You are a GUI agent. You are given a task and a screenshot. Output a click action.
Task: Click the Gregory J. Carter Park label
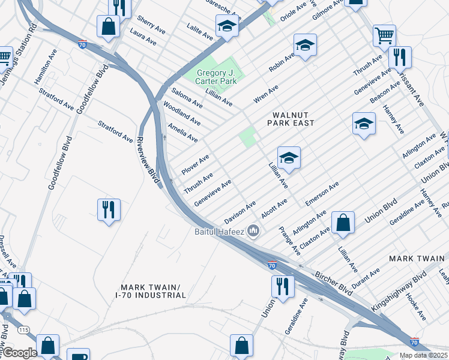point(220,77)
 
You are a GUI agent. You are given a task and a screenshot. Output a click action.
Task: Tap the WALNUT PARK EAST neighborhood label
point(293,118)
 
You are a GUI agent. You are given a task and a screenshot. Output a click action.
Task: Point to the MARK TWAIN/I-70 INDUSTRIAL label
point(151,291)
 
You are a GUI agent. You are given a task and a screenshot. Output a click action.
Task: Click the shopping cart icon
point(384,34)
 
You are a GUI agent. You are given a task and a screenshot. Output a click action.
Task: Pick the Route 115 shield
point(23,331)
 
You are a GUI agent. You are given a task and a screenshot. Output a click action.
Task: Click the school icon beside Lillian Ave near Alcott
point(289,158)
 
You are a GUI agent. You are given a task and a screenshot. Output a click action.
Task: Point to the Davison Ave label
point(240,212)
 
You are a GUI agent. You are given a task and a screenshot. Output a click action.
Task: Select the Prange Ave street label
point(289,239)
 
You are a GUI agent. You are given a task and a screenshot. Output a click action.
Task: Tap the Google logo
point(20,353)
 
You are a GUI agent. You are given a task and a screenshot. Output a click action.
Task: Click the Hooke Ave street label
point(415,306)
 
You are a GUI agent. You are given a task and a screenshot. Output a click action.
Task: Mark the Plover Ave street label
point(195,164)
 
